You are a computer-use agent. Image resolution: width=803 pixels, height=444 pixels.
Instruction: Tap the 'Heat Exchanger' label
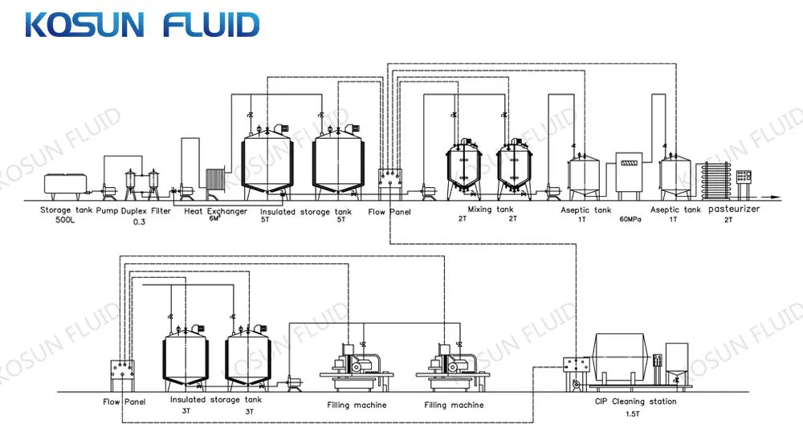pos(216,211)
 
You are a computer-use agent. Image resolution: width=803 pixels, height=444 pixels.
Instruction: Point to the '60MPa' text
pos(627,218)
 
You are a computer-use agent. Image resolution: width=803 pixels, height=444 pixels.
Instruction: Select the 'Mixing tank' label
pos(490,210)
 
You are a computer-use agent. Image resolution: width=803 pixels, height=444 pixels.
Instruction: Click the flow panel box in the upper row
pos(389,177)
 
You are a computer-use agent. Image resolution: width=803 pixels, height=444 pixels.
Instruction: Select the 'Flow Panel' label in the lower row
pos(123,401)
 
